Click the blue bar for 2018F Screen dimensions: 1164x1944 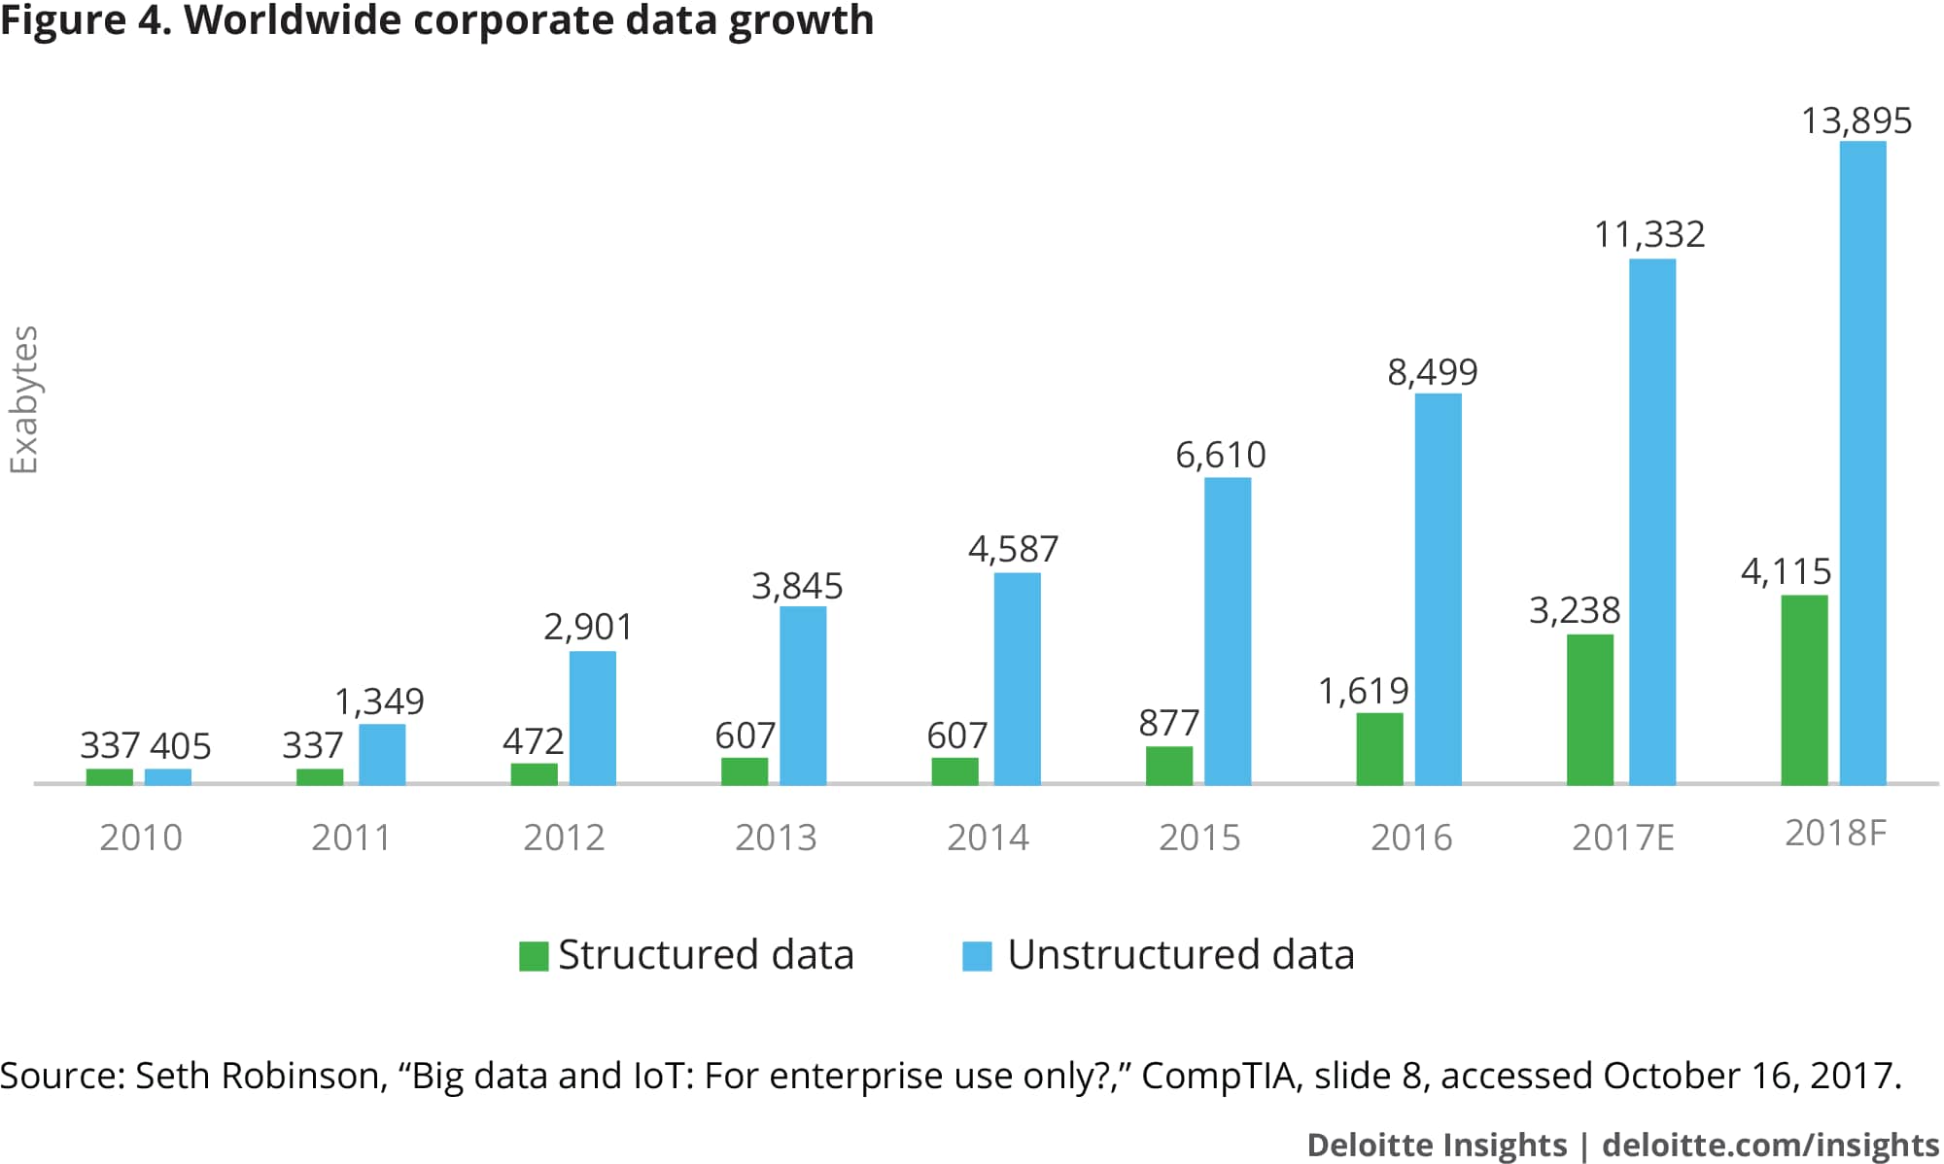click(x=1862, y=462)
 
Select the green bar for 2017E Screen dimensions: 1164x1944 click(x=1590, y=709)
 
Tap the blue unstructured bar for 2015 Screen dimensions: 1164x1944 click(x=1228, y=631)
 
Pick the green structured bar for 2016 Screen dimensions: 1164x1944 click(x=1379, y=748)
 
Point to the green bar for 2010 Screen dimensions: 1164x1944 click(x=109, y=776)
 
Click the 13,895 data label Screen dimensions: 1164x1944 click(x=1857, y=121)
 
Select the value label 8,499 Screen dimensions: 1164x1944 click(x=1432, y=372)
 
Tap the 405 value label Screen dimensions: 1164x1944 click(x=181, y=746)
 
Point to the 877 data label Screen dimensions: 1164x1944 click(x=1168, y=724)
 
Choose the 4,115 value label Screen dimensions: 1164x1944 click(x=1786, y=571)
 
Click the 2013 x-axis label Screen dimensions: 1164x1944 click(x=776, y=838)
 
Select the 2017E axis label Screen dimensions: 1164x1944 click(x=1623, y=838)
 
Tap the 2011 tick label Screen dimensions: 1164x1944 click(x=351, y=838)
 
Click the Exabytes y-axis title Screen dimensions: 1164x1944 click(x=23, y=399)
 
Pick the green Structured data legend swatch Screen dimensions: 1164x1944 click(x=534, y=956)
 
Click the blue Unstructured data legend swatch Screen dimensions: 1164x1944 click(x=977, y=956)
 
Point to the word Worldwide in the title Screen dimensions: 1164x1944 click(x=293, y=20)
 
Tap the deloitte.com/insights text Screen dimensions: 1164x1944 click(x=1770, y=1145)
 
